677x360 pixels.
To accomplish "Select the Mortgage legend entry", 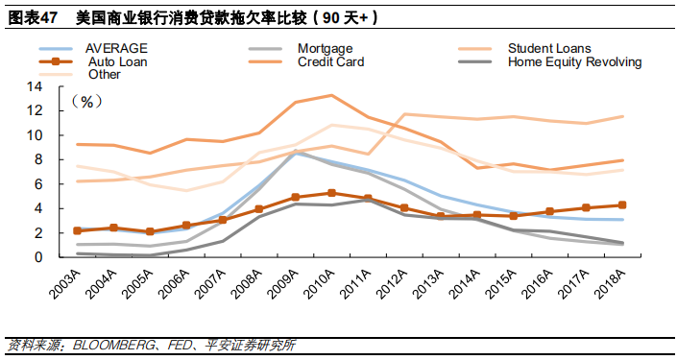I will pos(325,48).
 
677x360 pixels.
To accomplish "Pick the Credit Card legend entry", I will pos(330,61).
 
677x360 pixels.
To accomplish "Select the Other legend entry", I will pos(103,74).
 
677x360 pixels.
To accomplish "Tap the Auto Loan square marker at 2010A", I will pos(331,193).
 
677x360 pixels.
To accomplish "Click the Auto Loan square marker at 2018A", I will pos(621,204).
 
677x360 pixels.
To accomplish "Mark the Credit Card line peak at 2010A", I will pos(331,95).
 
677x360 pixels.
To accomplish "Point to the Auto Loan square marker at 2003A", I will pos(78,230).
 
